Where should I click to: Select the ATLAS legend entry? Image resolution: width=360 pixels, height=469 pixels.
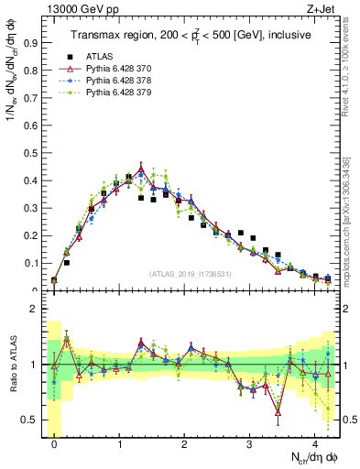pyautogui.click(x=99, y=56)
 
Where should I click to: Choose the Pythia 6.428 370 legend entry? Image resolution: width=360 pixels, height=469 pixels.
pyautogui.click(x=118, y=68)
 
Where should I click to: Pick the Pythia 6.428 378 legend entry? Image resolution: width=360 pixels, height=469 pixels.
pyautogui.click(x=118, y=80)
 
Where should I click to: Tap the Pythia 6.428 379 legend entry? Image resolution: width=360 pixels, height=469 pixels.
pyautogui.click(x=118, y=92)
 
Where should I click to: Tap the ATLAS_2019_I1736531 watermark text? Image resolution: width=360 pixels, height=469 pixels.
pyautogui.click(x=191, y=273)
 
